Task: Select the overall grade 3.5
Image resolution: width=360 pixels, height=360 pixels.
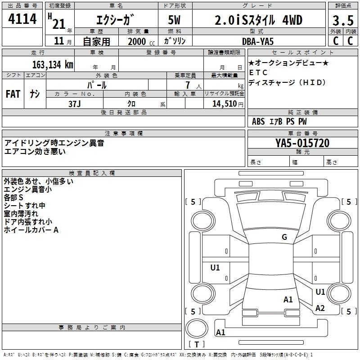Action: (342, 21)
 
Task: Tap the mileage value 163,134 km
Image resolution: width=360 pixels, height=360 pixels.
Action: (53, 64)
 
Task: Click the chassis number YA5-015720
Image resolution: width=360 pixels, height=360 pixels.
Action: (302, 144)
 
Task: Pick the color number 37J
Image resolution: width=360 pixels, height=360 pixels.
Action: (74, 103)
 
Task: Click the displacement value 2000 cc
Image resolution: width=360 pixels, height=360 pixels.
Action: (138, 41)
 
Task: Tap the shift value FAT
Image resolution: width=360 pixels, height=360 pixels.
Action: (13, 94)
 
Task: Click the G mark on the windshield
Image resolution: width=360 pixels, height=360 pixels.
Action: (284, 237)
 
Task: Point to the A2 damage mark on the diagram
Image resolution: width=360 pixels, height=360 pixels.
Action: (320, 308)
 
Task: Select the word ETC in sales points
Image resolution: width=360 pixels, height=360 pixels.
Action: (258, 72)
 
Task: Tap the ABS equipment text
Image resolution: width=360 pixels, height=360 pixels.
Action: (258, 121)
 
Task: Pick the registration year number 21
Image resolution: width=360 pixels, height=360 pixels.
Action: (59, 24)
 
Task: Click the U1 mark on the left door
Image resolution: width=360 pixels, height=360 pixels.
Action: (215, 268)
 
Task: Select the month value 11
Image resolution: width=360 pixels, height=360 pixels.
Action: (59, 41)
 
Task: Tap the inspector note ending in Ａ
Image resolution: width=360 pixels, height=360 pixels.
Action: (31, 230)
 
